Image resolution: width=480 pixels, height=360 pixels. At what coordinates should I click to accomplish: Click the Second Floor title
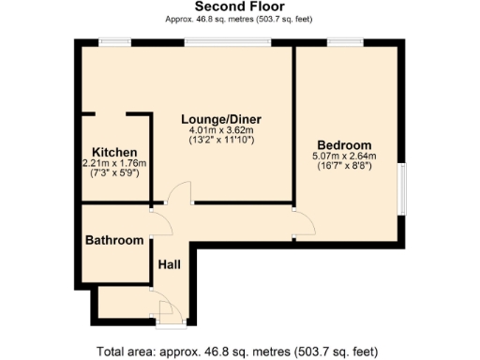239,7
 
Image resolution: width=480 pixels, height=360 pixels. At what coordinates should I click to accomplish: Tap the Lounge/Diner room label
221,119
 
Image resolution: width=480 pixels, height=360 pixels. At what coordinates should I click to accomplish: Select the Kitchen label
114,152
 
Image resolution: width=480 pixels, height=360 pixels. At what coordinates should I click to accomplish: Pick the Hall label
170,264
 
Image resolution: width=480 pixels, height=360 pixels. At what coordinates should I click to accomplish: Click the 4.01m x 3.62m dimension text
221,130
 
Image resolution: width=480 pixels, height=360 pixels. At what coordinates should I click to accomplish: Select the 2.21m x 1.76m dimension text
114,162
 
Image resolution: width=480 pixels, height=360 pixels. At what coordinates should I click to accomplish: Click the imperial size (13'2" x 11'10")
221,141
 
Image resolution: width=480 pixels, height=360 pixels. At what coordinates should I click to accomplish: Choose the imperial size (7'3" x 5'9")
114,172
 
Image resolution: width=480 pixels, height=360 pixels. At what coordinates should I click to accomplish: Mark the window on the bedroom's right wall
403,192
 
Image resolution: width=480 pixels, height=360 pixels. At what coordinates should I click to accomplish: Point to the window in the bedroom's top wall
341,41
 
